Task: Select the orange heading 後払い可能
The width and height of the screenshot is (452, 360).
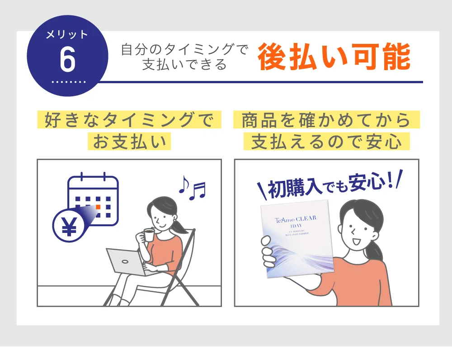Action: [334, 57]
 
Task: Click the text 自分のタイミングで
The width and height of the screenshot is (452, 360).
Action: [184, 50]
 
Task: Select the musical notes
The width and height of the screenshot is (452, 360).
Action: [192, 187]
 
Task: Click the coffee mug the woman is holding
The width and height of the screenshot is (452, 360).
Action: [148, 235]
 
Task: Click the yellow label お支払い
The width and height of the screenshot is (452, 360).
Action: [129, 142]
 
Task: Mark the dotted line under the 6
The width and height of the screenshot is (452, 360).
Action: [69, 82]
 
